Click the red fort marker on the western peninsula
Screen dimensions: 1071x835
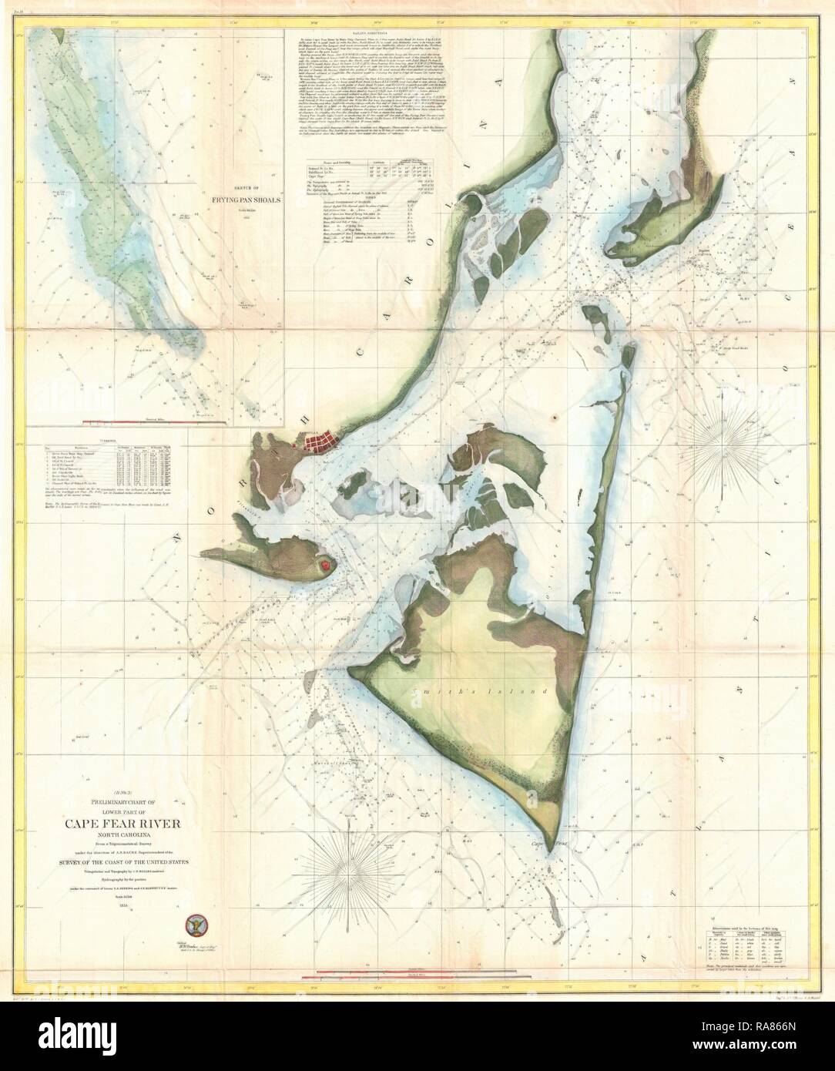326,565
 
